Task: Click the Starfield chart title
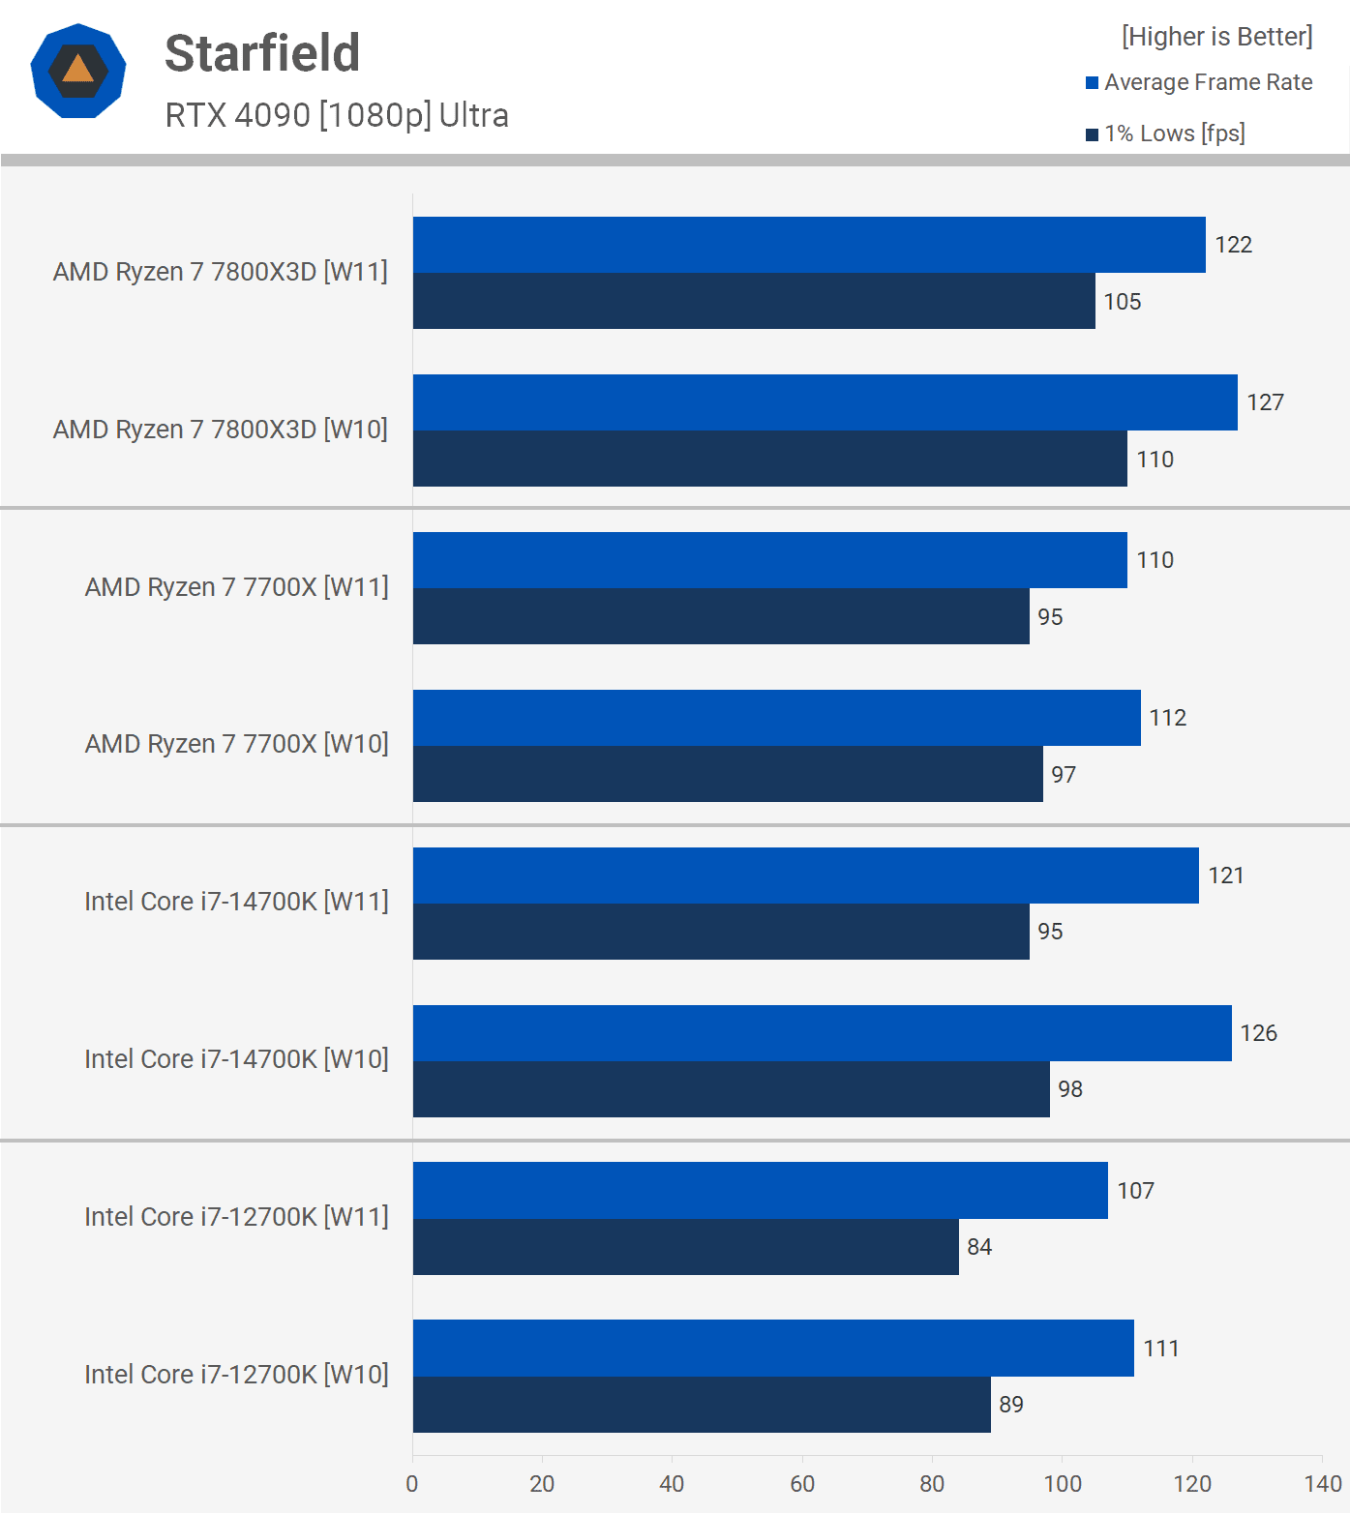click(262, 53)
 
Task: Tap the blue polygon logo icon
click(78, 71)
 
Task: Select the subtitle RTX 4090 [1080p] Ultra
click(337, 115)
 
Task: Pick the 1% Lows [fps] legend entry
click(1165, 134)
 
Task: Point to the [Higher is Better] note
click(1216, 37)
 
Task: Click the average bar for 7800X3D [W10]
click(825, 402)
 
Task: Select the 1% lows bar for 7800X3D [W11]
click(754, 301)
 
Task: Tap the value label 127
click(1265, 402)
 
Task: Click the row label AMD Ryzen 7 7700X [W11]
click(236, 587)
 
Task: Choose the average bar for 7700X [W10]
click(776, 718)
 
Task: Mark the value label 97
click(1064, 775)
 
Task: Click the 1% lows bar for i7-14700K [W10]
click(731, 1089)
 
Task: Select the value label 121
click(1225, 876)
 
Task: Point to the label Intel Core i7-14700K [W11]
click(236, 902)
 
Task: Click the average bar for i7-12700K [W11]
click(760, 1191)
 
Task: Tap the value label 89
click(1011, 1405)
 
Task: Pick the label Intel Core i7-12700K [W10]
click(236, 1375)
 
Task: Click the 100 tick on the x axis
click(1062, 1484)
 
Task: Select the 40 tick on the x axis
click(672, 1484)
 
